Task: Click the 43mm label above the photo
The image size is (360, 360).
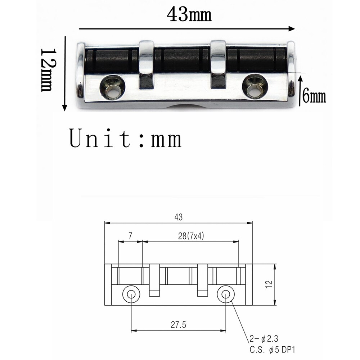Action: click(189, 14)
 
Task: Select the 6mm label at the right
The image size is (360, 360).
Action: click(314, 96)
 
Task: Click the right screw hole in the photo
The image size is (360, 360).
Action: click(255, 86)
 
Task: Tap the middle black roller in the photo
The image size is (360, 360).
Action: click(182, 60)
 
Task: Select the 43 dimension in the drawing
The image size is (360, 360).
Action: click(179, 217)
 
